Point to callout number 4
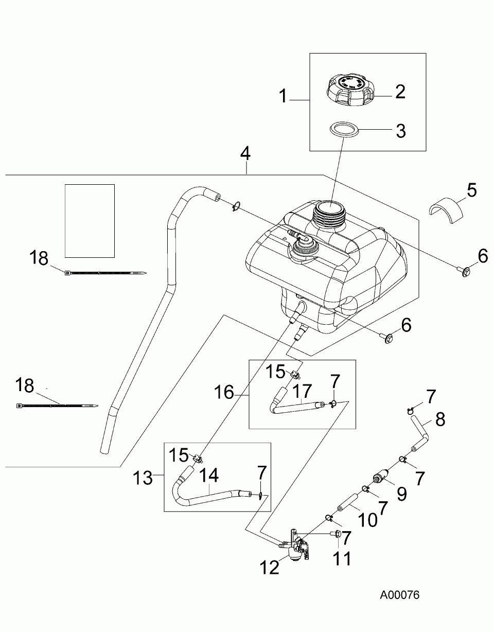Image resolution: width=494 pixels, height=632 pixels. tap(245, 154)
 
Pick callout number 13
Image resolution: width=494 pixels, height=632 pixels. tap(143, 478)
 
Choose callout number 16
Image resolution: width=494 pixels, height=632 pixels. tap(224, 393)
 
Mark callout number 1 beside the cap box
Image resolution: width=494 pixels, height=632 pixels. tap(284, 97)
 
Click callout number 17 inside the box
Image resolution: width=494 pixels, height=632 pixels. tap(303, 391)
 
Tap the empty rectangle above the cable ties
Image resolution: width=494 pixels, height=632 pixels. tap(90, 221)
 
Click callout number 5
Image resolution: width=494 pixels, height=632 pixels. tap(471, 190)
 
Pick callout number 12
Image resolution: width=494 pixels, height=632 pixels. tap(270, 567)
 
